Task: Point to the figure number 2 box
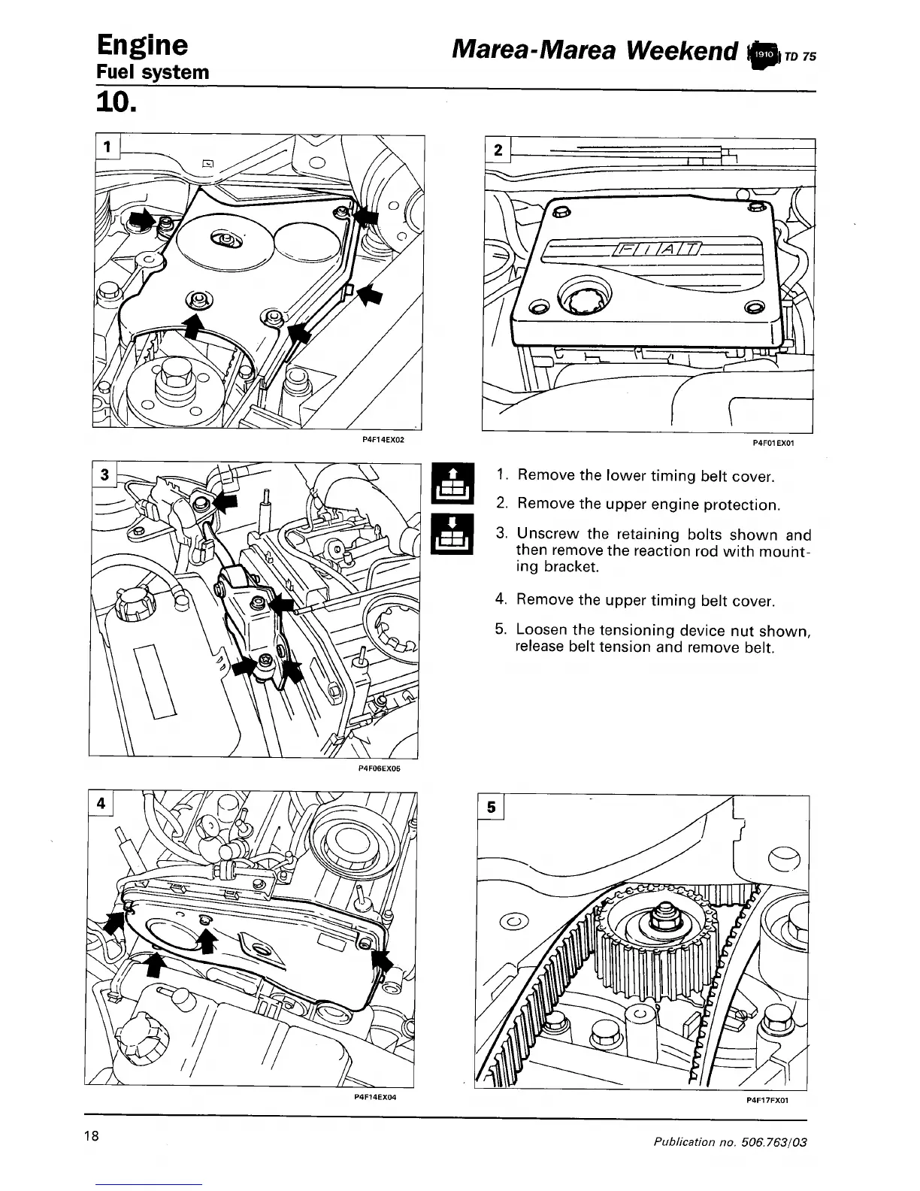pyautogui.click(x=498, y=150)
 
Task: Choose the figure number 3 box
pyautogui.click(x=104, y=474)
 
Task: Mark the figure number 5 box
pyautogui.click(x=491, y=808)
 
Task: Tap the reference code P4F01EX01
pyautogui.click(x=773, y=443)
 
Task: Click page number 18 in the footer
pyautogui.click(x=92, y=1135)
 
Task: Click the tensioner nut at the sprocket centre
pyautogui.click(x=661, y=914)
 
